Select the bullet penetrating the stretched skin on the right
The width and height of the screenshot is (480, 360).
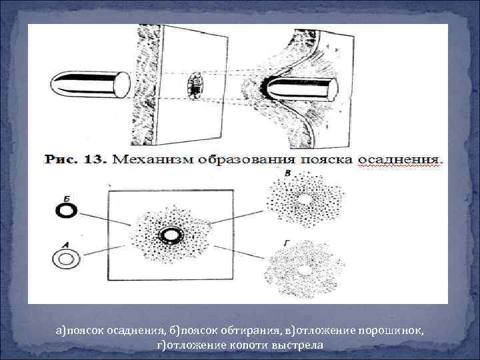(x=303, y=87)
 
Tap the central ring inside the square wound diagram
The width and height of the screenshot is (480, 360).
(x=171, y=235)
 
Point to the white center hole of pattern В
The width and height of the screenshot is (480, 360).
(x=305, y=199)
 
